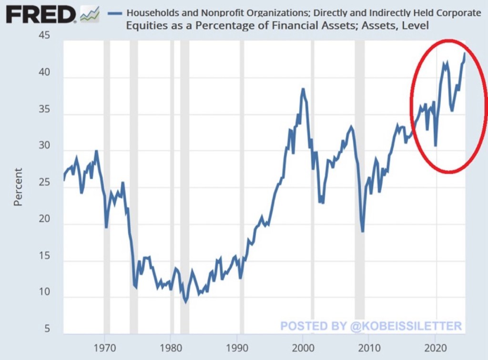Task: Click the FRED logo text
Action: click(x=40, y=15)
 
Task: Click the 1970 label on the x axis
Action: click(x=105, y=346)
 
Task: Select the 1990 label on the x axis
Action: click(x=237, y=346)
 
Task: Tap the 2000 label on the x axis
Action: click(x=303, y=346)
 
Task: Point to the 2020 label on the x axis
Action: click(x=435, y=346)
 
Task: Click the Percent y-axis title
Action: click(x=18, y=187)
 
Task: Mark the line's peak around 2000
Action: click(x=303, y=89)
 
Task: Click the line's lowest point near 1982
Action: click(x=186, y=301)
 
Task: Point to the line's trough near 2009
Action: click(x=363, y=231)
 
